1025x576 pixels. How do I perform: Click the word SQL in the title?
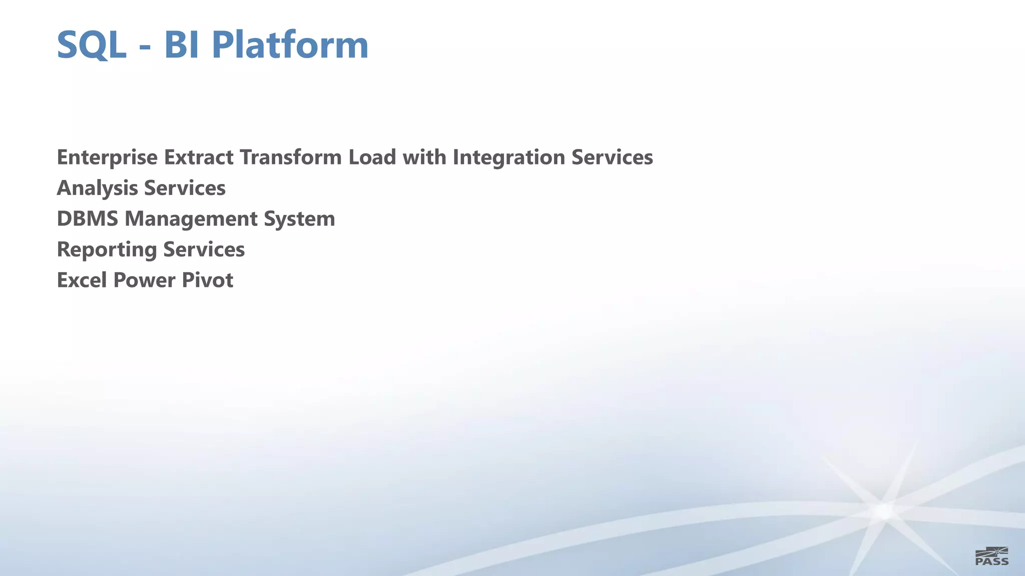click(91, 45)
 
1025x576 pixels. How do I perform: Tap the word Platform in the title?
click(290, 45)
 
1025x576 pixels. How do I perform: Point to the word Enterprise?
click(107, 157)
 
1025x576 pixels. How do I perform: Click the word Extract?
click(199, 157)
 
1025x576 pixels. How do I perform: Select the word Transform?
click(291, 157)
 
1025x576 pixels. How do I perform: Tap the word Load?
click(372, 157)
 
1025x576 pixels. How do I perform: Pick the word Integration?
click(509, 157)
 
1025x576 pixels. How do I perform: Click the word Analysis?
click(97, 188)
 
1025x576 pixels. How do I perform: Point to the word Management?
click(191, 219)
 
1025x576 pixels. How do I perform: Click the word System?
click(299, 219)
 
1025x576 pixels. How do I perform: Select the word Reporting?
click(107, 250)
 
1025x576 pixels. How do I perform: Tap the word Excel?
click(82, 280)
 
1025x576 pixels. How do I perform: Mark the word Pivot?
click(207, 280)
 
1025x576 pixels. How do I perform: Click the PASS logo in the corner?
click(992, 556)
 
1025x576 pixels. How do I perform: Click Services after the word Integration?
click(612, 157)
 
